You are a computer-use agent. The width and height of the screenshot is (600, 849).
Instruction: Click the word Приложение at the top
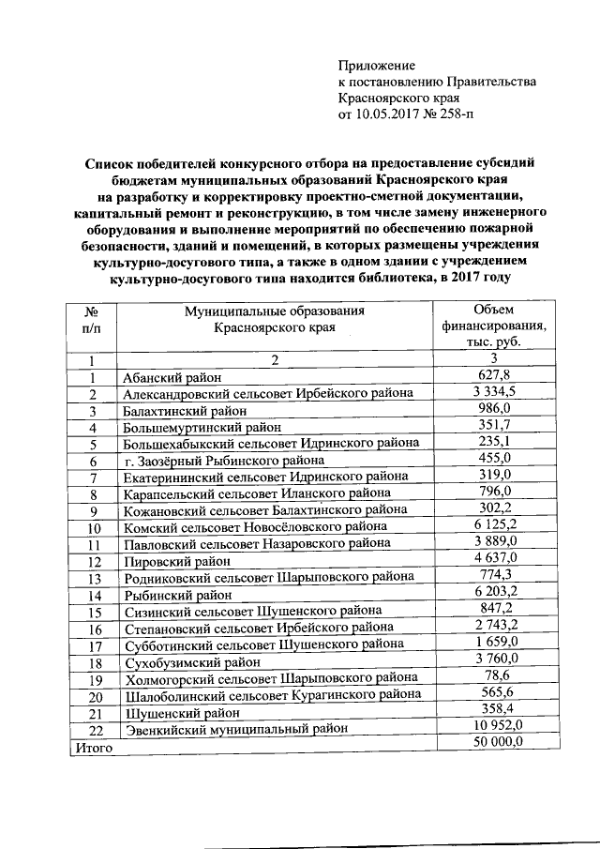point(376,66)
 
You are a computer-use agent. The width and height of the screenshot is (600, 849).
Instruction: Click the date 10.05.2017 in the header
point(390,116)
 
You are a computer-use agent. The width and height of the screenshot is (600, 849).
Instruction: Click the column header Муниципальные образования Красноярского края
point(274,320)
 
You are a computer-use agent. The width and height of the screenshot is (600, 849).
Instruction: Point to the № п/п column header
point(93,320)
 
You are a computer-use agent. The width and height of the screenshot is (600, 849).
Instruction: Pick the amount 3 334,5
point(494,392)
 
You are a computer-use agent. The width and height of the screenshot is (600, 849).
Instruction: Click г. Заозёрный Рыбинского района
point(224,461)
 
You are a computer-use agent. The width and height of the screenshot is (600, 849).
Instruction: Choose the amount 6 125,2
point(494,526)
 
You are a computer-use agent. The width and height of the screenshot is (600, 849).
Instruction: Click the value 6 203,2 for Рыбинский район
point(494,594)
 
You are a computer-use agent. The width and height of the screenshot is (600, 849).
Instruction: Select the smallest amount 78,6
point(494,677)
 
